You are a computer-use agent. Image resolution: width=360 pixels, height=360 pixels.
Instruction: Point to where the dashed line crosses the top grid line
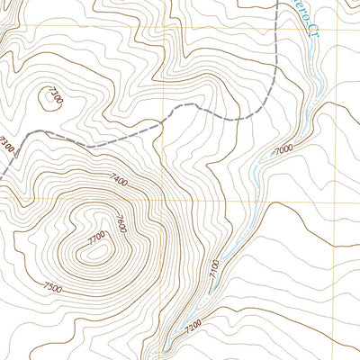[x=272, y=27]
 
